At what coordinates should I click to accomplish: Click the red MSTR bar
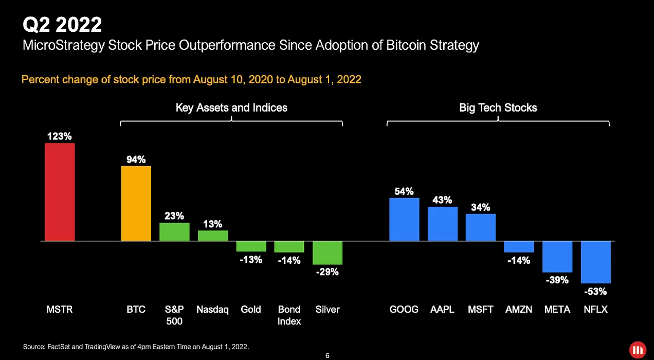60,192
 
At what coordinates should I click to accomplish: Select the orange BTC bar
136,203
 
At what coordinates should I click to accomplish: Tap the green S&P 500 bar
174,231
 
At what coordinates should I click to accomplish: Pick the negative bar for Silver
328,253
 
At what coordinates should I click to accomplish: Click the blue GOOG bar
404,219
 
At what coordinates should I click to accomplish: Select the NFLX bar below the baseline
595,262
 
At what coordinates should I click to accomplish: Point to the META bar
557,257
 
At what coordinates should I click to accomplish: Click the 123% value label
60,136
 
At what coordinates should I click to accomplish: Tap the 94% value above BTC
136,159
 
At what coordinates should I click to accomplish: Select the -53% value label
595,292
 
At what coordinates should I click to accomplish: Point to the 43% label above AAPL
442,200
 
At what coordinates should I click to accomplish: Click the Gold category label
251,310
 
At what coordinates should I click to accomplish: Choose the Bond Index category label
289,315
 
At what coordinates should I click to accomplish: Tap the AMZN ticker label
519,310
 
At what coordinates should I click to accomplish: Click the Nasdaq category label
212,310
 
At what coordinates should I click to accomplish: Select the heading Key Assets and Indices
231,107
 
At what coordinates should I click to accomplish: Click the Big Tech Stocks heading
498,107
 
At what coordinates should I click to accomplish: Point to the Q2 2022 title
62,24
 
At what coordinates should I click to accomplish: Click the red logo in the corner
638,349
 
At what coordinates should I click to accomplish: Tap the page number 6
328,355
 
